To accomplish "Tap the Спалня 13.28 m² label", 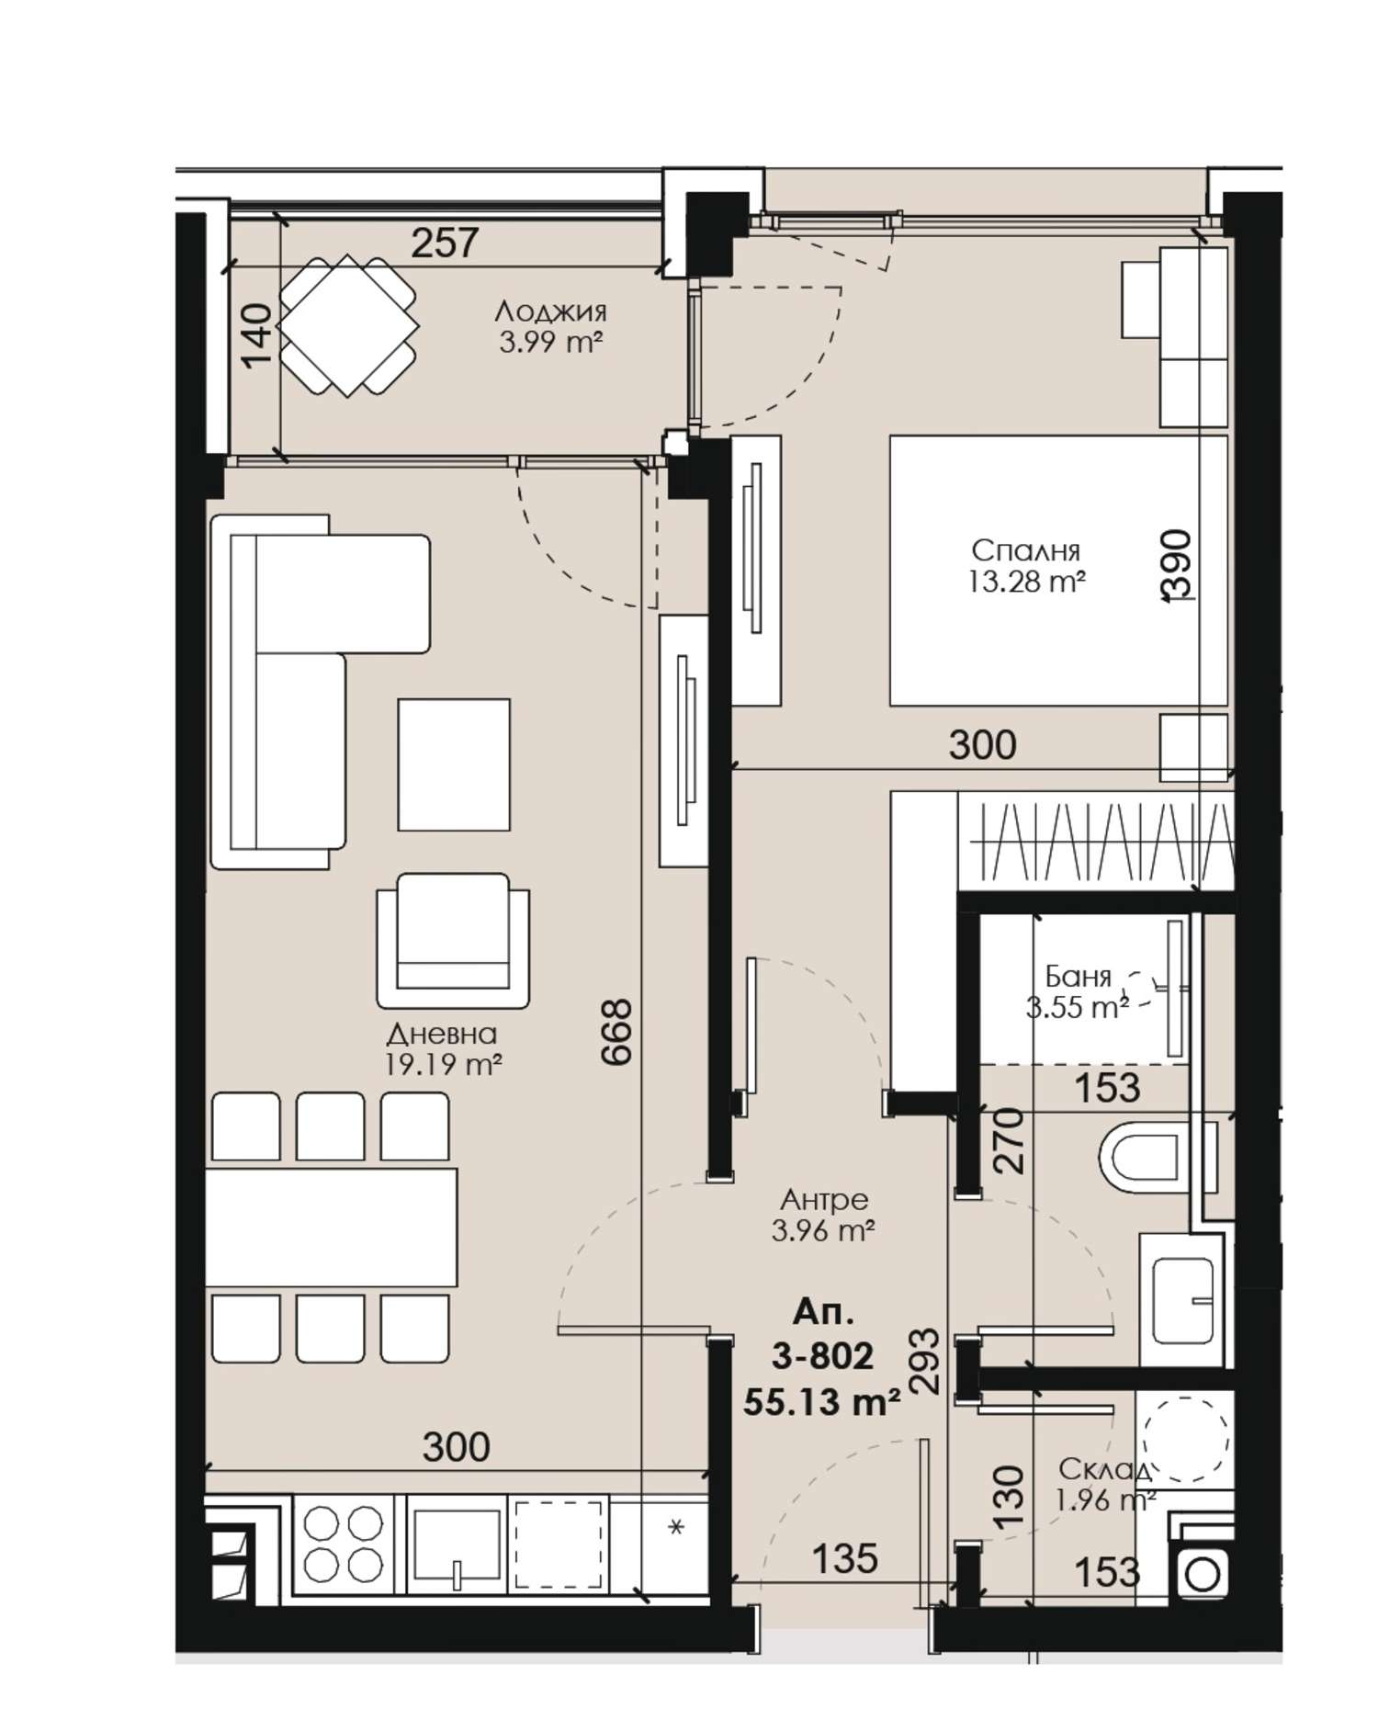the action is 1025,566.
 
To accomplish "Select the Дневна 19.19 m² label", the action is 443,1049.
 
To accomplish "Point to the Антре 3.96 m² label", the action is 823,1214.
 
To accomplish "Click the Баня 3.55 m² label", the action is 1078,991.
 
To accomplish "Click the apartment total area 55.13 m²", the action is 820,1402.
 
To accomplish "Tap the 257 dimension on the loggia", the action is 445,243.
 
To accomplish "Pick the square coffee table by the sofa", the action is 454,764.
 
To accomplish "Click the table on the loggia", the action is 348,325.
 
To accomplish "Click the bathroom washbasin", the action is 1182,1301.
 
